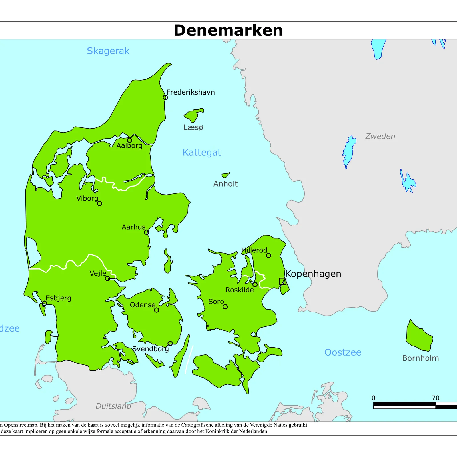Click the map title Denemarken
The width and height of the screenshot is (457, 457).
(228, 30)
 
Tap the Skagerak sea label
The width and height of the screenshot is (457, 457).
(108, 51)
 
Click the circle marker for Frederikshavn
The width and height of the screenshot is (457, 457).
(165, 97)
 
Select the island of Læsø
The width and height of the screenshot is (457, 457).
(193, 115)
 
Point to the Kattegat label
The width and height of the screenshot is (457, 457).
(202, 153)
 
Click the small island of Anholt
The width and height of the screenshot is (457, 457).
(225, 175)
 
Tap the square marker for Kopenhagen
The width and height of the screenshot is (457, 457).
(282, 281)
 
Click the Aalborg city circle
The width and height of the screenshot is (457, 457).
(129, 140)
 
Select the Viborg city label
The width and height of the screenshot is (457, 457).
(87, 198)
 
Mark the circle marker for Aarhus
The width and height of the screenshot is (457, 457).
(147, 232)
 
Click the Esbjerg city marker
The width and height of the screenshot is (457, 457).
(45, 303)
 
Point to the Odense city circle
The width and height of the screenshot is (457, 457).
(157, 310)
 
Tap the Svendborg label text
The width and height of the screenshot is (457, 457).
(151, 349)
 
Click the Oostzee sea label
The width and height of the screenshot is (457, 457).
(343, 352)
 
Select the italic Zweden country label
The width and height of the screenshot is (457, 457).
(380, 136)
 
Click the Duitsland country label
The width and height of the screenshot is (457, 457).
(113, 406)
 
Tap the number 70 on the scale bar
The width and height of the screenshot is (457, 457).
(436, 398)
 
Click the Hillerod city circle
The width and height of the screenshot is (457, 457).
(268, 255)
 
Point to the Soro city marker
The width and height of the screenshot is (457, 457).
(225, 307)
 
